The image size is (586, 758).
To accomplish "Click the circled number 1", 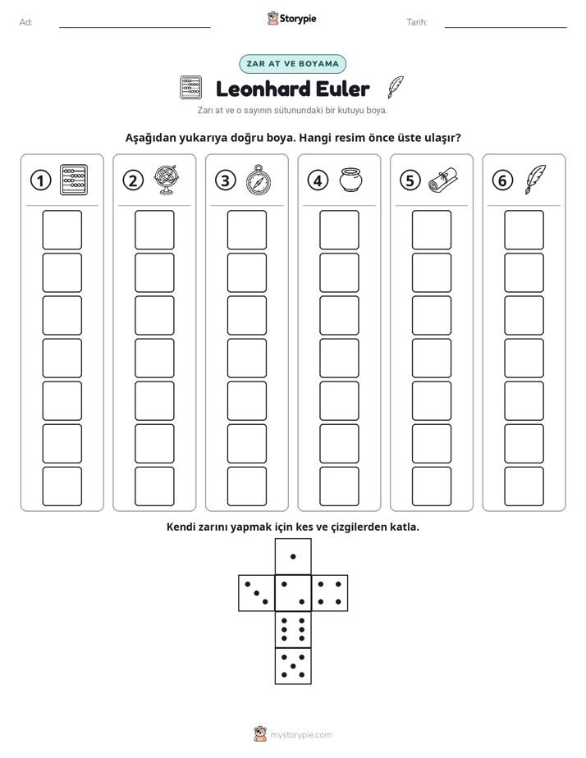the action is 40,180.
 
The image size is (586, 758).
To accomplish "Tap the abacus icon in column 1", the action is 74,180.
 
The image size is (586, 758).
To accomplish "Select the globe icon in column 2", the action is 167,180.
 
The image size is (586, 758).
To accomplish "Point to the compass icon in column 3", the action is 259,180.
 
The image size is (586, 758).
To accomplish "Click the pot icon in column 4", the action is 350,180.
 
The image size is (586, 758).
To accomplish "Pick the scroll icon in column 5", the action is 443,180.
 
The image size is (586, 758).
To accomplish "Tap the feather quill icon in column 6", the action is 535,180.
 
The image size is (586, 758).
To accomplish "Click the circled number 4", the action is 318,180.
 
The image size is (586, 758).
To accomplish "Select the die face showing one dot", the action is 293,556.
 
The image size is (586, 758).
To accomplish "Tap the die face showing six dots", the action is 293,629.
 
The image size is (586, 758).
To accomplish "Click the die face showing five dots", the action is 293,665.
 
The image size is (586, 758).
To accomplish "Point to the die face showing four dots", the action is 330,593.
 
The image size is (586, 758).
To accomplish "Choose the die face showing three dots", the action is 257,593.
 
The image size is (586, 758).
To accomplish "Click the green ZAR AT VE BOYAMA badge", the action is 292,64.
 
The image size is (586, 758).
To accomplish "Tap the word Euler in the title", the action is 342,89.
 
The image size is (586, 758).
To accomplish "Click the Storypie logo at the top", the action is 292,18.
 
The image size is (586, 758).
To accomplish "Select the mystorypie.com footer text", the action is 300,735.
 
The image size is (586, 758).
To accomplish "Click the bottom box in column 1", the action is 62,486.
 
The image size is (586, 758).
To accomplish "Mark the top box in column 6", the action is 524,230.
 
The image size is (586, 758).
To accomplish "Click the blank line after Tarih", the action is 506,27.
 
